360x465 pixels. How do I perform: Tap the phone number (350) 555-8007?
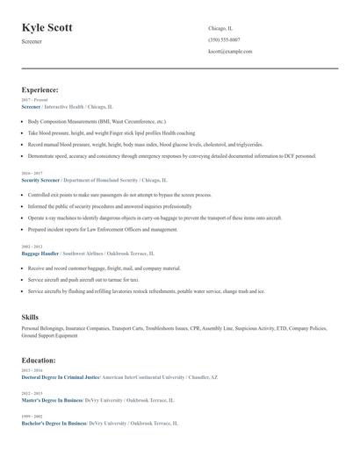(224, 39)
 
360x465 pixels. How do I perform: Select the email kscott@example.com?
(230, 52)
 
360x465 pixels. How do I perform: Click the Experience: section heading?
(40, 89)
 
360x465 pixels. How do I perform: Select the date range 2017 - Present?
(34, 100)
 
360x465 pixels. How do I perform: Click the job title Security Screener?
(41, 179)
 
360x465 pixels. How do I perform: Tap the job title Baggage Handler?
(40, 253)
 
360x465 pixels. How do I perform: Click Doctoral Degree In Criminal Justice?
(60, 376)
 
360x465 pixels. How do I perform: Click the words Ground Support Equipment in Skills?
(49, 335)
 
